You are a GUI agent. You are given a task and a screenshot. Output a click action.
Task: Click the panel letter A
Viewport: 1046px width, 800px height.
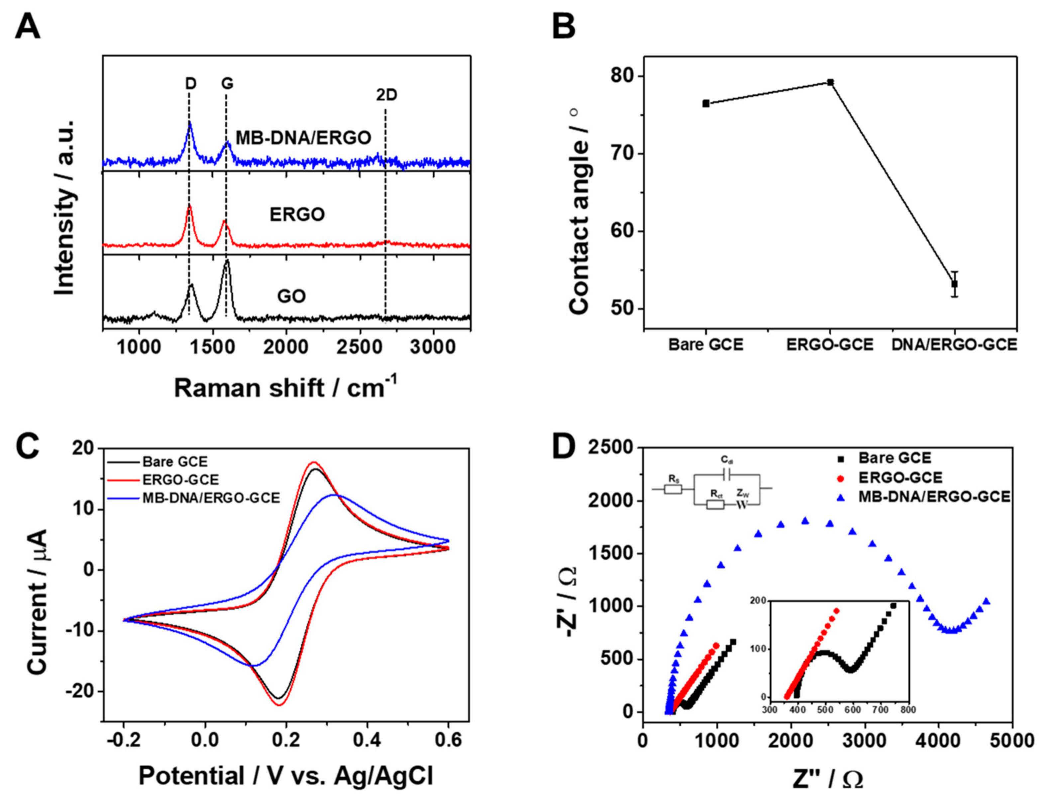pos(27,27)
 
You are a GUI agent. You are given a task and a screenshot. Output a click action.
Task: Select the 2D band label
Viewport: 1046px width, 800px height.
pos(386,95)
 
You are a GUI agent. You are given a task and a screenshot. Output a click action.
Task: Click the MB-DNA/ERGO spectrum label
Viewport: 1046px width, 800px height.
pos(304,138)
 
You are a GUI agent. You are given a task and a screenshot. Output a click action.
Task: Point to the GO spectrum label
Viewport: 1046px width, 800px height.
pos(291,296)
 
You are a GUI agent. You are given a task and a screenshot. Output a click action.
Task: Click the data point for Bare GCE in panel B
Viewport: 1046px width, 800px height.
pos(706,103)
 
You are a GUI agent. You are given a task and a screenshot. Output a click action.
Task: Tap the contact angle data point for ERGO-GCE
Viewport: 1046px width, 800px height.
pos(830,82)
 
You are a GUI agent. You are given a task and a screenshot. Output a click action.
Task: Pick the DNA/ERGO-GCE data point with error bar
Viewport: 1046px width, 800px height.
pos(954,284)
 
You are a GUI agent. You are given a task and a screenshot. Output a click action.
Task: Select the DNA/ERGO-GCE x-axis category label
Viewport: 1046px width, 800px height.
pos(954,344)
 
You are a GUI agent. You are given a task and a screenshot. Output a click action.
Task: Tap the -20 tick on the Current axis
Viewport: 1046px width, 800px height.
pos(81,691)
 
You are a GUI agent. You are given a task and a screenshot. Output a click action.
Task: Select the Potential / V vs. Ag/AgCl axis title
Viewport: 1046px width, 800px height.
pos(286,776)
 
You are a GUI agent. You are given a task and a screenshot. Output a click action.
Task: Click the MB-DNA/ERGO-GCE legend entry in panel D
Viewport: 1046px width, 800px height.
pos(934,497)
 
